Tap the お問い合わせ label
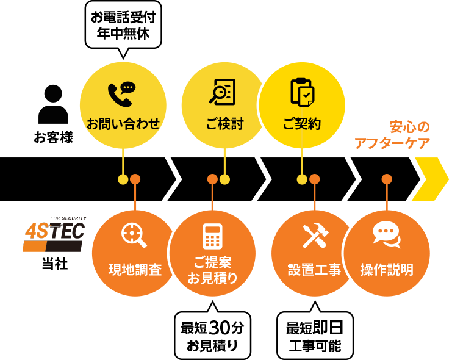pos(123,124)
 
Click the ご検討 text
pos(224,124)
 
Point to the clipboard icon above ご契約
pos(302,92)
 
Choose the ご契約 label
pos(302,124)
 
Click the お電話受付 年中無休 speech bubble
pos(123,26)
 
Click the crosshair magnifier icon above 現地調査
pos(134,236)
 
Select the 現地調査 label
pos(135,269)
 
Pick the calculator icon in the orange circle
pos(212,236)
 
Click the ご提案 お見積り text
pos(212,270)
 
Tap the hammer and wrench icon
pos(315,236)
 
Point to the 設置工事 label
pos(314,269)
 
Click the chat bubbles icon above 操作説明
pos(386,235)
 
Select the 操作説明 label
pos(387,269)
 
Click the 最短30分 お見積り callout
pos(212,336)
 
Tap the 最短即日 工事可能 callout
pos(314,336)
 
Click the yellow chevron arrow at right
pos(431,179)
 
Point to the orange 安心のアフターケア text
pos(393,135)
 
